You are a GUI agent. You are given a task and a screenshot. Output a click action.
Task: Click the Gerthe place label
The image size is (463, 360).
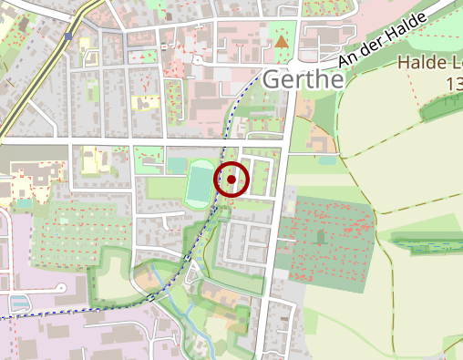[x=303, y=80]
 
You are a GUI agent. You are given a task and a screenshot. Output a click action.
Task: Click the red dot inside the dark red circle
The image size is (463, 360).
[x=232, y=180]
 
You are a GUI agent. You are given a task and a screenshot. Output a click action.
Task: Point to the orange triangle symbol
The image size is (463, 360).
[x=282, y=40]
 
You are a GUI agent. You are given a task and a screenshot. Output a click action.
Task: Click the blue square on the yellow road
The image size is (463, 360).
[x=69, y=36]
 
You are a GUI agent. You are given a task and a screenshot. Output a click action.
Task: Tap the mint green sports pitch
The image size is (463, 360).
[x=198, y=183]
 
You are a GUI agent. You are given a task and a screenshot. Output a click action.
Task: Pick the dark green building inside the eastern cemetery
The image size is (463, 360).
[x=320, y=237]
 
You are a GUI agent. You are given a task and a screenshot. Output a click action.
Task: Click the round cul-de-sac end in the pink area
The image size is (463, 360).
[x=60, y=288]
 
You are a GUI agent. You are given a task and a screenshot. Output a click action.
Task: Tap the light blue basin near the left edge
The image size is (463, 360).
[x=18, y=301]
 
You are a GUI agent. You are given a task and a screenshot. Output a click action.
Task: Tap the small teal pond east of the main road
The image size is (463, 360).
[x=326, y=160]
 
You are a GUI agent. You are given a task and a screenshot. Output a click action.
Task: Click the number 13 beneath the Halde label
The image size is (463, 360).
[x=453, y=83]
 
